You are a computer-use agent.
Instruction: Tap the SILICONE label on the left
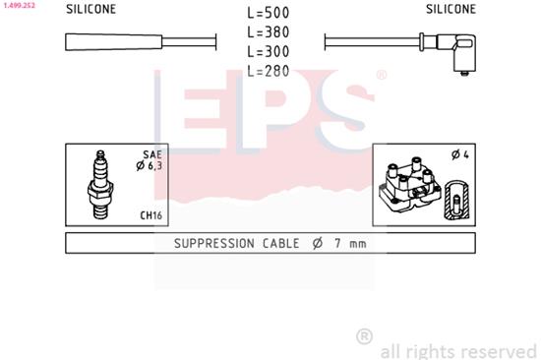pos(90,9)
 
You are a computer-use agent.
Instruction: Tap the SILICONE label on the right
pos(451,9)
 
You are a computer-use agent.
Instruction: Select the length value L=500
pos(270,14)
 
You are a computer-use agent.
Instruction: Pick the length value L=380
pos(270,32)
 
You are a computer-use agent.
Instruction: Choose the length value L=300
pos(270,51)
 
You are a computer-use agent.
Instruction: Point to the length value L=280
pos(270,70)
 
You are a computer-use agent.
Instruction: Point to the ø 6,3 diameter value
pos(150,166)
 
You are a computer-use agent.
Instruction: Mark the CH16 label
pos(150,214)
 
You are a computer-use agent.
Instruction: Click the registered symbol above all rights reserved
pos(364,336)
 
